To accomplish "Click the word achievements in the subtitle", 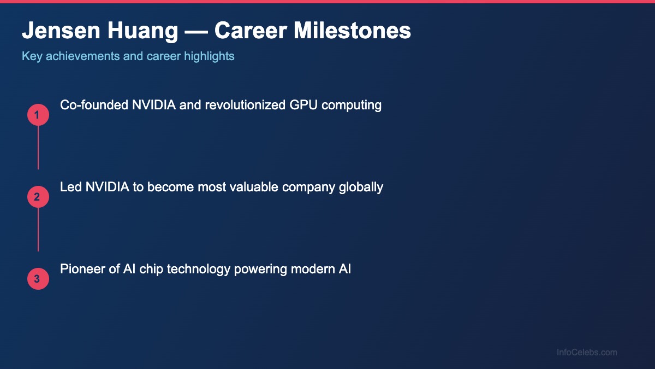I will click(83, 56).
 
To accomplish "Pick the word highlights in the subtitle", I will click(209, 56).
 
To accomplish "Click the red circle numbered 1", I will click(38, 115).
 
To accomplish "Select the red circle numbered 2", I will click(38, 197).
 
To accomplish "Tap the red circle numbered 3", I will click(38, 279).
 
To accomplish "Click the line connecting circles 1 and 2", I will click(38, 148).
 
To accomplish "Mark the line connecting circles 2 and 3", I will click(38, 230).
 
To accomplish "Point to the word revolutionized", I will click(245, 105).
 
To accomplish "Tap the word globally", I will click(361, 187).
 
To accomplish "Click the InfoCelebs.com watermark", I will click(587, 353).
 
